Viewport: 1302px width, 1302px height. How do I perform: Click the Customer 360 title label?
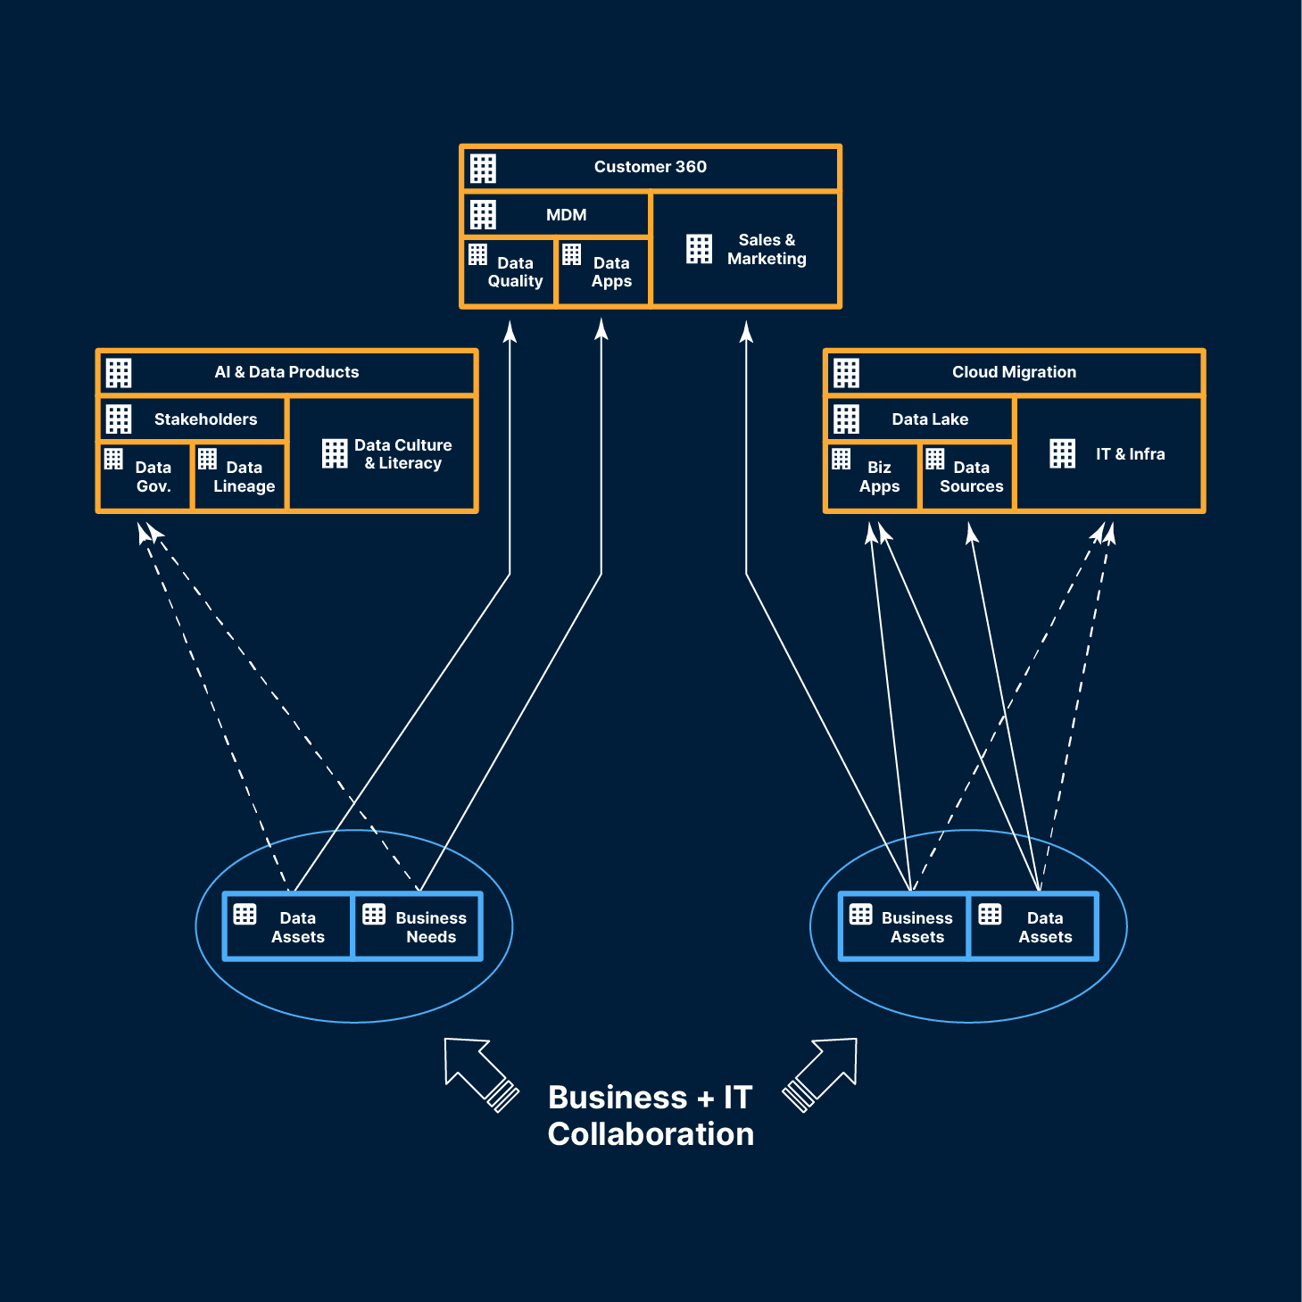click(650, 167)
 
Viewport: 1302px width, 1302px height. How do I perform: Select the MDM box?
click(566, 215)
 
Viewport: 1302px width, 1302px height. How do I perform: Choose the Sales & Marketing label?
click(766, 250)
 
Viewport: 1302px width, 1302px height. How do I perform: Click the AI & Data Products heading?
click(286, 372)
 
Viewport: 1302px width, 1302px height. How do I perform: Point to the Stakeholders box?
click(205, 419)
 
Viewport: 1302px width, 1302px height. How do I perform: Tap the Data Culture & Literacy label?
click(402, 454)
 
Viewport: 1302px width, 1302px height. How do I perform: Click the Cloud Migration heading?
click(1014, 372)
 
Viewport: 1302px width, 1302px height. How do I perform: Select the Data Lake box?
click(930, 419)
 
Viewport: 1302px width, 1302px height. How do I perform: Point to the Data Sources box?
click(969, 477)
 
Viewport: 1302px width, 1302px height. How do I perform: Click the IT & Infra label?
click(1130, 454)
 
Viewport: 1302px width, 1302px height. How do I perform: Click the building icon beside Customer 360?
click(484, 169)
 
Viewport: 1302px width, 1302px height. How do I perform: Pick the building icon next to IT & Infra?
click(1063, 453)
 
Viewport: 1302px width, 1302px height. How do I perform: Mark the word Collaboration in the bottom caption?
click(651, 1134)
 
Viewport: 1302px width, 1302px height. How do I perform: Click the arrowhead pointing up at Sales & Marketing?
click(746, 332)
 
